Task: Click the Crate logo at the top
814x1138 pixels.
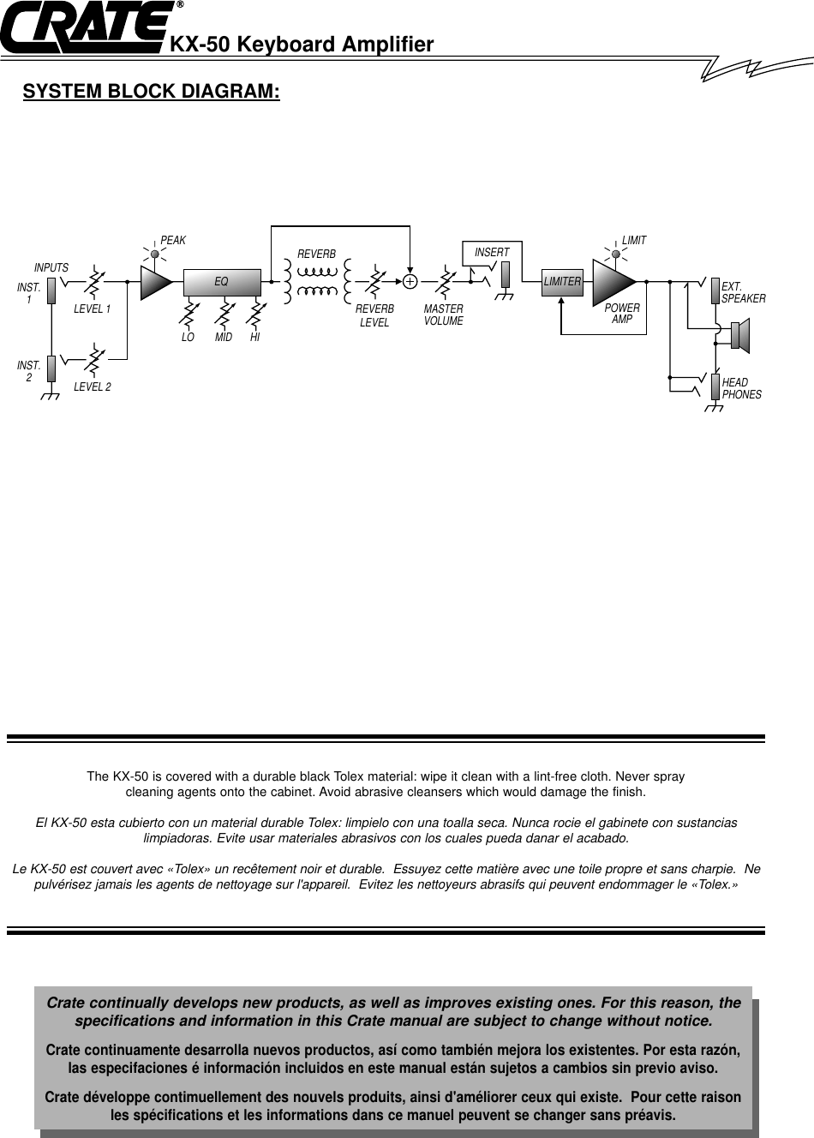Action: (86, 30)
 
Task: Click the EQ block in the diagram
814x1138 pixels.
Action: (222, 280)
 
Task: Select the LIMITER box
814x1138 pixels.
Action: (562, 281)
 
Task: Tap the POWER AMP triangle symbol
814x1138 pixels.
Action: (611, 280)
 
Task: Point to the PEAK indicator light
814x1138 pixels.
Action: (155, 252)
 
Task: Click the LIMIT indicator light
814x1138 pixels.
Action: (616, 252)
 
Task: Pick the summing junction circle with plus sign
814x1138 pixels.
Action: (410, 280)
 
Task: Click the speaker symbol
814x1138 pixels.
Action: (740, 335)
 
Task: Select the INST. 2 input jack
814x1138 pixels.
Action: (52, 368)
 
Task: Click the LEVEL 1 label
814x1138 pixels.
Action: (92, 309)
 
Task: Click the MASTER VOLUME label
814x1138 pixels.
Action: (443, 314)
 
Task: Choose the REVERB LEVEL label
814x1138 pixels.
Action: (374, 315)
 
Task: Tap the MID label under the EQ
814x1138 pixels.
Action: (224, 338)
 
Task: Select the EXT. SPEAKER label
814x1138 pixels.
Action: (743, 292)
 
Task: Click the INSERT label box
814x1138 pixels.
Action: (492, 252)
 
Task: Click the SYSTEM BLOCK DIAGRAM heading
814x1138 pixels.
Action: (151, 91)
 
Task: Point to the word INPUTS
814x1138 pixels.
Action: (51, 268)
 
